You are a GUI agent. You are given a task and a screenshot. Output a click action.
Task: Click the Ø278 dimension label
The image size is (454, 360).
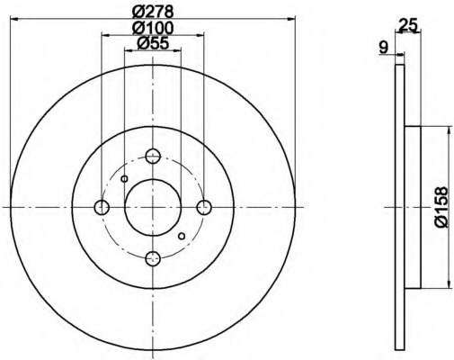click(153, 12)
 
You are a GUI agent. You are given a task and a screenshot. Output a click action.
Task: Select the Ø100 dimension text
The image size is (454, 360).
click(153, 28)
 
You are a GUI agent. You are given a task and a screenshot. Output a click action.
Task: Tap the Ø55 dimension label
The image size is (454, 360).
click(153, 43)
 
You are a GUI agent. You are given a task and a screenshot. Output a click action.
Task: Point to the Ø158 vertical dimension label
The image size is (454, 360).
click(441, 207)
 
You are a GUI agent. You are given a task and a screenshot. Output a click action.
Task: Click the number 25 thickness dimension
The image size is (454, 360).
click(407, 25)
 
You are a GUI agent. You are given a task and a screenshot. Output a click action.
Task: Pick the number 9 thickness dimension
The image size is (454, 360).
click(383, 47)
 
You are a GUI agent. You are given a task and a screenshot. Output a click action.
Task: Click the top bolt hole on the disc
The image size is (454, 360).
click(153, 156)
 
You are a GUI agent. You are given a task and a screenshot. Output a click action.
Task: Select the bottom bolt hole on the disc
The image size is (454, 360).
click(153, 258)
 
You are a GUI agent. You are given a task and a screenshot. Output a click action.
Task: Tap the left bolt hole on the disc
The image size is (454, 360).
click(102, 207)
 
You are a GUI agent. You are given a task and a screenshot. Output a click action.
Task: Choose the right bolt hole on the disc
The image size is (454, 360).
click(204, 207)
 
